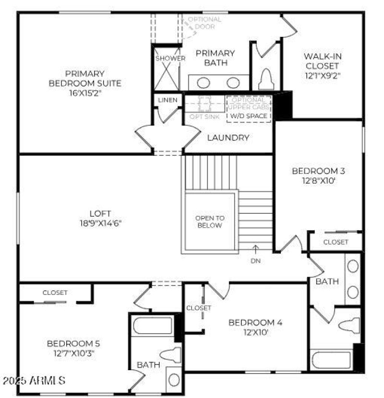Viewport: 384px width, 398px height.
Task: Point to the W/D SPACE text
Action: coord(249,116)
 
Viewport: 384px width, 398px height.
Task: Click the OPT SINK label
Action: coord(204,117)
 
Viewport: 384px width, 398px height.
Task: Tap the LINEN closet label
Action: coord(168,100)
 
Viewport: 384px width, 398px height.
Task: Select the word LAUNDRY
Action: coord(228,138)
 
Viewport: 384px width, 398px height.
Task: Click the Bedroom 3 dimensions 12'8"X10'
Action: coord(319,181)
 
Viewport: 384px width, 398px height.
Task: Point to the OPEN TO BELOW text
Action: coord(209,222)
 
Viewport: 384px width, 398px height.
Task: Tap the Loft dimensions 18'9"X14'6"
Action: coord(100,222)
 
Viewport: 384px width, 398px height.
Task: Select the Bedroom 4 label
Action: coord(255,322)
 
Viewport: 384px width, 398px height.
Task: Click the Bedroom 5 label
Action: coord(73,343)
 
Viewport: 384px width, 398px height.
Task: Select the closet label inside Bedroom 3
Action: coord(336,242)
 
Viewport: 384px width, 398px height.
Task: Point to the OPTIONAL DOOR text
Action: coord(204,23)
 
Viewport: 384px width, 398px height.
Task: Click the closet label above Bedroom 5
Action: coord(55,293)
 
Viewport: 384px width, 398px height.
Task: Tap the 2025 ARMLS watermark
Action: coord(34,381)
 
